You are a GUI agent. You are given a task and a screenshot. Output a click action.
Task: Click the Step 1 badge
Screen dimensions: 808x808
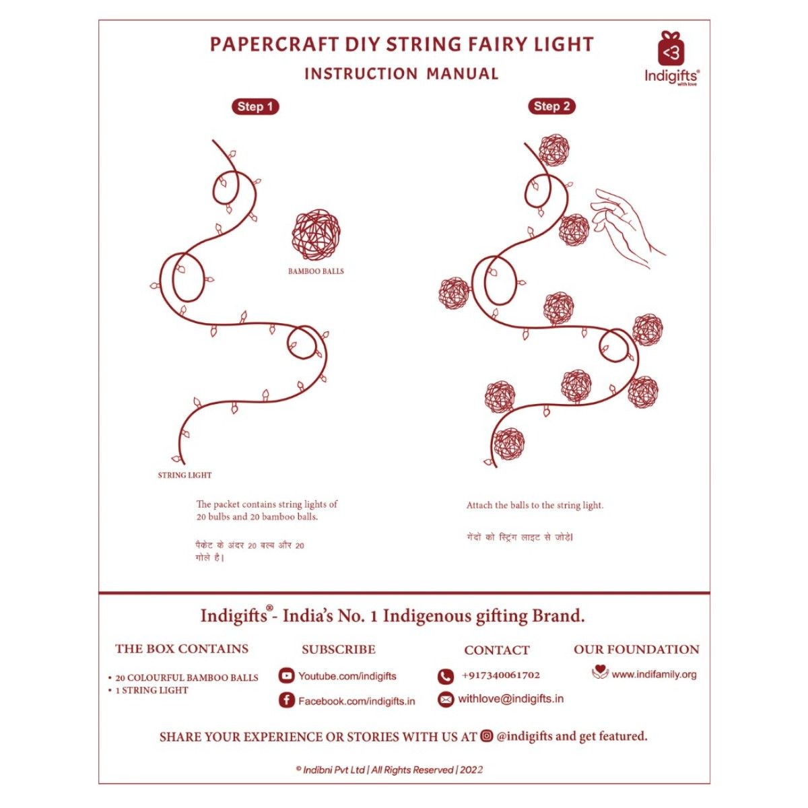pos(255,106)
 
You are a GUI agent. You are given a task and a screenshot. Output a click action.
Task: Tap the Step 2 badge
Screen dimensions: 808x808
pos(551,106)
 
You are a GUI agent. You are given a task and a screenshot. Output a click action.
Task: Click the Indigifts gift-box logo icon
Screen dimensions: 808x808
pos(671,48)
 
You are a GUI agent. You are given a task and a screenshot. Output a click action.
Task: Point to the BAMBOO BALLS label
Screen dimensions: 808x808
pos(316,271)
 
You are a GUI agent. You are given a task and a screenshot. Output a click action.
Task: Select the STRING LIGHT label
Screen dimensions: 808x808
pos(184,475)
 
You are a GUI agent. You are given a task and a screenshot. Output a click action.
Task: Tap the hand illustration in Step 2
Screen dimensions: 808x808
pos(625,226)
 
